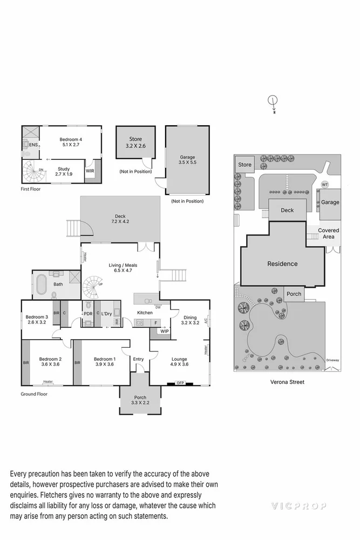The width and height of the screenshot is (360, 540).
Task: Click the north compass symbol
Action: pyautogui.click(x=273, y=100)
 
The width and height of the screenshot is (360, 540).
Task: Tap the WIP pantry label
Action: pyautogui.click(x=164, y=331)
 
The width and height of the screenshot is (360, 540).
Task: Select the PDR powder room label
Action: pyautogui.click(x=88, y=313)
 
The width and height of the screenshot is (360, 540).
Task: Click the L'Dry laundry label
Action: pyautogui.click(x=106, y=313)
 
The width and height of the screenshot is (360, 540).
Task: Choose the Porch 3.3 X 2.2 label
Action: pyautogui.click(x=140, y=400)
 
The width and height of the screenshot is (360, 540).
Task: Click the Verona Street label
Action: pyautogui.click(x=287, y=382)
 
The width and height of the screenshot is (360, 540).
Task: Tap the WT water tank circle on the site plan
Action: pyautogui.click(x=324, y=185)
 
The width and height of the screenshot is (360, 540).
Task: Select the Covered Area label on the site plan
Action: pyautogui.click(x=328, y=233)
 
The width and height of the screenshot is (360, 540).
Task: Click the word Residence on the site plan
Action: pyautogui.click(x=282, y=264)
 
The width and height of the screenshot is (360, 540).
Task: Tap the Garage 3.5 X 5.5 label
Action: pyautogui.click(x=187, y=160)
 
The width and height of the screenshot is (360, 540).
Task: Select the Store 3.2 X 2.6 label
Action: pyautogui.click(x=135, y=142)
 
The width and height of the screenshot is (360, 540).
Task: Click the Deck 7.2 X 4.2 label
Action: pyautogui.click(x=120, y=218)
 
